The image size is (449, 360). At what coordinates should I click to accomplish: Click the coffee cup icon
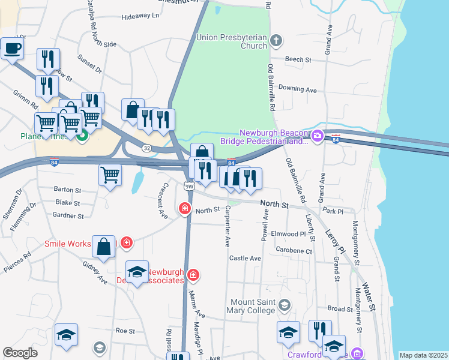click(12, 49)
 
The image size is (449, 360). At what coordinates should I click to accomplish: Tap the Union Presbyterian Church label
click(231, 41)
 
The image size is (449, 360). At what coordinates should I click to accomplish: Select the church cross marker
click(276, 41)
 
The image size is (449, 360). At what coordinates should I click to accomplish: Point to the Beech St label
click(298, 59)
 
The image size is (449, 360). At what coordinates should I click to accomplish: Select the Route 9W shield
click(189, 187)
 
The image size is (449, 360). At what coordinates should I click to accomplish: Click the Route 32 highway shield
click(146, 148)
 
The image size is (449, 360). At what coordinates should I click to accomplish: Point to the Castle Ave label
click(246, 258)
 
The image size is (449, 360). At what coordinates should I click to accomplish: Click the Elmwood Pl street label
click(289, 233)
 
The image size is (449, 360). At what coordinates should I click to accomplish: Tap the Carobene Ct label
click(294, 251)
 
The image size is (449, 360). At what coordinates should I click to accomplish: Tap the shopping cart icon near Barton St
click(110, 175)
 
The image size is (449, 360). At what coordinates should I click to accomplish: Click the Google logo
click(20, 353)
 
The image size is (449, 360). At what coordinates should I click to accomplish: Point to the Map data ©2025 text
click(423, 355)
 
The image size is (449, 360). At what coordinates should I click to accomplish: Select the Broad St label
click(340, 308)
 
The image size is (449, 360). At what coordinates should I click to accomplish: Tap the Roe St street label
click(125, 330)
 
